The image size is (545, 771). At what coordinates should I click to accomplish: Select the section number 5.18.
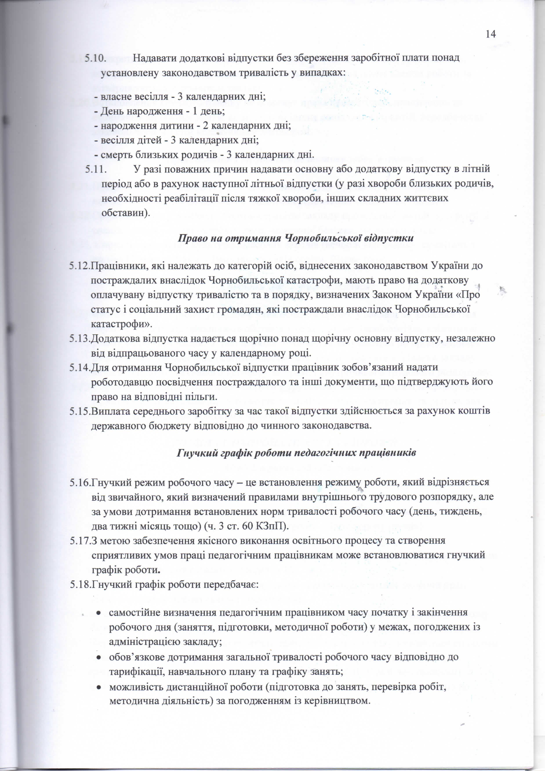click(80, 584)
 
